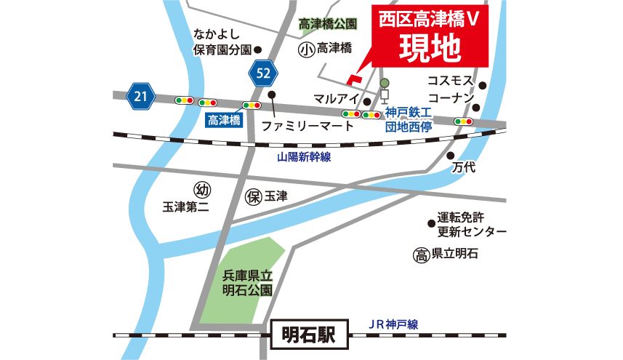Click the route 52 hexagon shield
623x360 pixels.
point(264,73)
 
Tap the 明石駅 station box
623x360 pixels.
point(308,335)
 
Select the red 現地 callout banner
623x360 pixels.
point(430,37)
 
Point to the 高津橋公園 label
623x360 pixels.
point(329,24)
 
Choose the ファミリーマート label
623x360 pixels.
point(308,126)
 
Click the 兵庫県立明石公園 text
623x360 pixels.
point(247,283)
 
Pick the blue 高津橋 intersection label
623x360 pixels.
point(224,121)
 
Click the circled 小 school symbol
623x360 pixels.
point(305,49)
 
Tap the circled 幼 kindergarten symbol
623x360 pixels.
point(203,191)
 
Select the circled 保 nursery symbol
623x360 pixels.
point(254,196)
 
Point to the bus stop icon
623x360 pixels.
point(384,90)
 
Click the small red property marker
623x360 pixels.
point(353,78)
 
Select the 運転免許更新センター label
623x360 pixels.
point(472,225)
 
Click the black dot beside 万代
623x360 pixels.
point(451,156)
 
